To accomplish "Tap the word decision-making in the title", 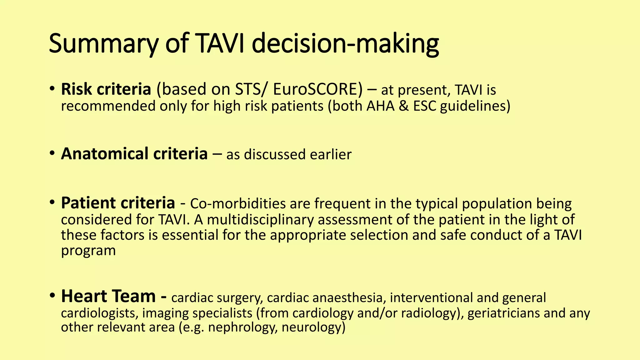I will coord(345,44).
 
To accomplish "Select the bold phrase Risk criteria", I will coord(106,89).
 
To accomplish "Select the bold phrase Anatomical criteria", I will coord(134,154).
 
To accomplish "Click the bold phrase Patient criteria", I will coord(118,203).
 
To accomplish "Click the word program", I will coord(88,251).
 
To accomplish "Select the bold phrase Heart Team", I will coord(108,296).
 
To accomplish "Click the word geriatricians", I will coord(503,313).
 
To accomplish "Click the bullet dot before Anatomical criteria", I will coord(52,153).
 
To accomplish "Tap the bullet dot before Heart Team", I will coord(52,295).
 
